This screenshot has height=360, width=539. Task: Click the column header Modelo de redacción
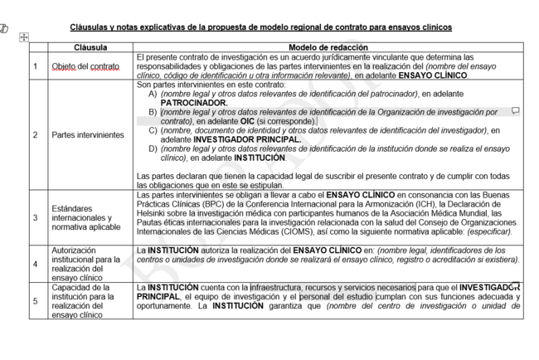(328, 47)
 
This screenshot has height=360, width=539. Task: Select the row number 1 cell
(35, 66)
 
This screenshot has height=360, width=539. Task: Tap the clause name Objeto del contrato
(86, 66)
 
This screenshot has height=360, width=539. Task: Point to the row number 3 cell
(35, 217)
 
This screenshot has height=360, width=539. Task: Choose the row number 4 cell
(35, 264)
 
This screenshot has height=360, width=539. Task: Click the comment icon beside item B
(515, 110)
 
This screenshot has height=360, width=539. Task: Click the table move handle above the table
(23, 36)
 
